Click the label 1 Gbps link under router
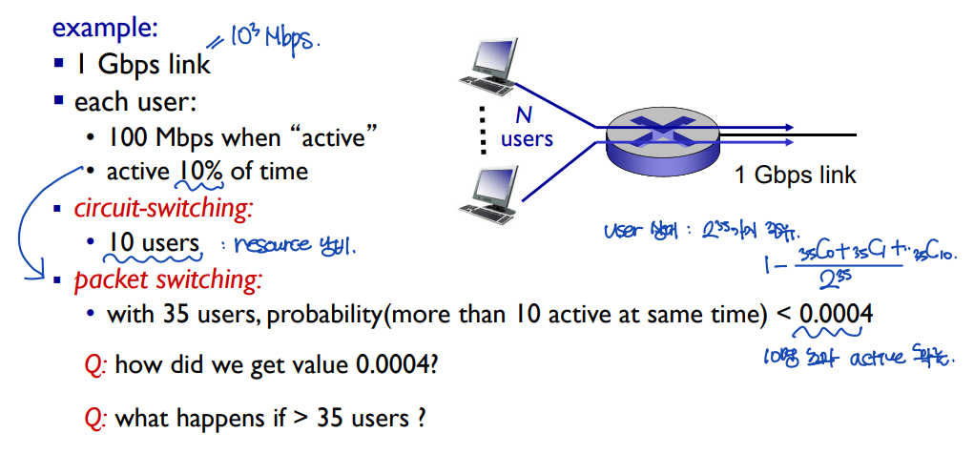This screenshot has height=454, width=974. pos(796,175)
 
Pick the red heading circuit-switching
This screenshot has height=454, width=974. pos(162,207)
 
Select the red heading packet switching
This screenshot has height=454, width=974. pos(168,280)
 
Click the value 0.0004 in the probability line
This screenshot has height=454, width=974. pos(836,314)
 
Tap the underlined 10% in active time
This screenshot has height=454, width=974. pos(197,172)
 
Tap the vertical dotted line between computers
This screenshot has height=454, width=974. pos(482,130)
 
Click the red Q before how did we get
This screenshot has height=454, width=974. pos(93,364)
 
